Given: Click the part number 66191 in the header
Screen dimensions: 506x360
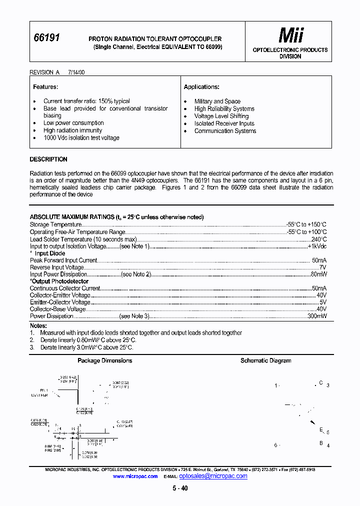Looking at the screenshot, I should pos(46,38).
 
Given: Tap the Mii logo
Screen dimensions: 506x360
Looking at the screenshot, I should pos(291,35).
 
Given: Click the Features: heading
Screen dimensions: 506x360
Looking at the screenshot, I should pos(45,87).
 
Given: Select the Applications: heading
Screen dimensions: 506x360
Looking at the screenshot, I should pos(201,87).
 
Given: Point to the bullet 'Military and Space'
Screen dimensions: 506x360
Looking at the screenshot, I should pos(217,101).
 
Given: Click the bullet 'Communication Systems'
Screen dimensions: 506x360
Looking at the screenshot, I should pos(225,131).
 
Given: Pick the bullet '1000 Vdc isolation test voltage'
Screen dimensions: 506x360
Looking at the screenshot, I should pos(81,138).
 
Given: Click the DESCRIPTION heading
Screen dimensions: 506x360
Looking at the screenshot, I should pos(48,159).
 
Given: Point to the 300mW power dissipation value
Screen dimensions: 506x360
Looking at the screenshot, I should pos(317,316).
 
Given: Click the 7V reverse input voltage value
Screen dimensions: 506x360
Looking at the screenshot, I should pos(322,267).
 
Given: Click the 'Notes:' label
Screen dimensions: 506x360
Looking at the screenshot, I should pos(38,326).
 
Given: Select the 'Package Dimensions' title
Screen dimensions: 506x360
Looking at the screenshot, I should pos(104,360).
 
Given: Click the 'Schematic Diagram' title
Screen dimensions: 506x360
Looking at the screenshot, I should pos(265,360).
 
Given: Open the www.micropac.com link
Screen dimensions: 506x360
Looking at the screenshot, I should pos(135,476).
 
